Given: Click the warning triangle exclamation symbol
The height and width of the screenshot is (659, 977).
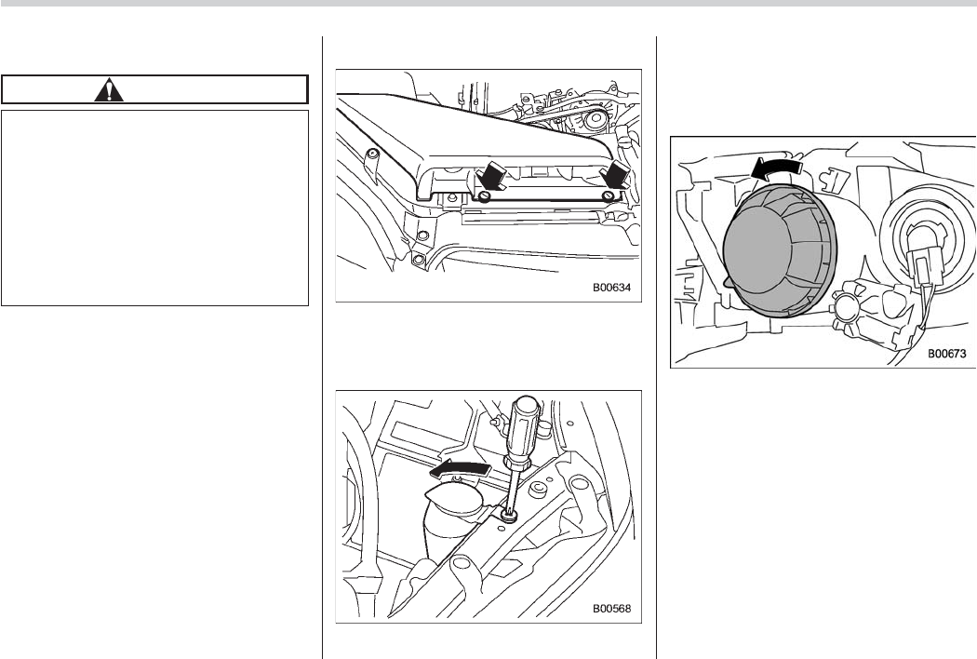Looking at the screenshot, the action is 109,89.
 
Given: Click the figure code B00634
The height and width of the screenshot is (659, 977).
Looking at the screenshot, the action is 611,288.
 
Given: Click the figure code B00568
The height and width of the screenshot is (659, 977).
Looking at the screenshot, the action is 611,608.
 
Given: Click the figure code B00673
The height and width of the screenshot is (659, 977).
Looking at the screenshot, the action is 947,354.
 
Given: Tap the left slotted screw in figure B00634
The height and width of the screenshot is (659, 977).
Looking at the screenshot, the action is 485,196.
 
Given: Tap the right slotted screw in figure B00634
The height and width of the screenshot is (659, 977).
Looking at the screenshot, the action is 608,196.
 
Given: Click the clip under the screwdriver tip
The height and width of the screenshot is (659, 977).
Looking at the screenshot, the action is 510,516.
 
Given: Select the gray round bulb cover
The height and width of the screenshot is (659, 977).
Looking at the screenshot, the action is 780,249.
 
